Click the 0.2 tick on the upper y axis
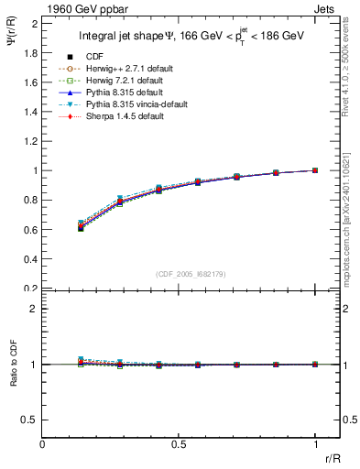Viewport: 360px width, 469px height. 30,288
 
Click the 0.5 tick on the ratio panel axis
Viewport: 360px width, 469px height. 30,420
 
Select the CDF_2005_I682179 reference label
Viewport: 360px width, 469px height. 180,272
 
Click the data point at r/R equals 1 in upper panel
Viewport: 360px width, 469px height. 315,170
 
